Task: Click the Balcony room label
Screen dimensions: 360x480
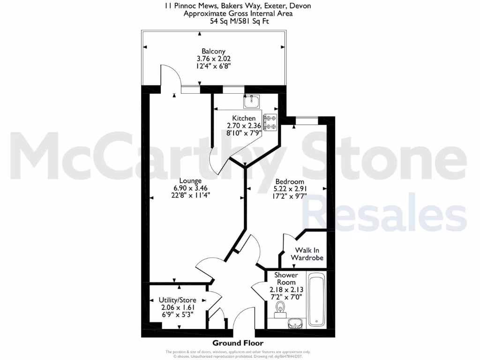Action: pyautogui.click(x=213, y=51)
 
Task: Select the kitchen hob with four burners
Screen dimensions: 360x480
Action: pyautogui.click(x=270, y=122)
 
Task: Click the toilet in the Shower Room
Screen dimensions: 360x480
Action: pyautogui.click(x=280, y=308)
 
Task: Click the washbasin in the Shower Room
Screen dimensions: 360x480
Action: pyautogui.click(x=294, y=322)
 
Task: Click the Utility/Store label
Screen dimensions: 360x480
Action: pyautogui.click(x=176, y=300)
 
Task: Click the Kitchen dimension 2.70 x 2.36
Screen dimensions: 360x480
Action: pyautogui.click(x=244, y=126)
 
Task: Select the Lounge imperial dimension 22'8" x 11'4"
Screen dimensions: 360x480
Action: pyautogui.click(x=190, y=195)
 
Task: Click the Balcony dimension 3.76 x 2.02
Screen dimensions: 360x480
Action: pyautogui.click(x=213, y=59)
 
